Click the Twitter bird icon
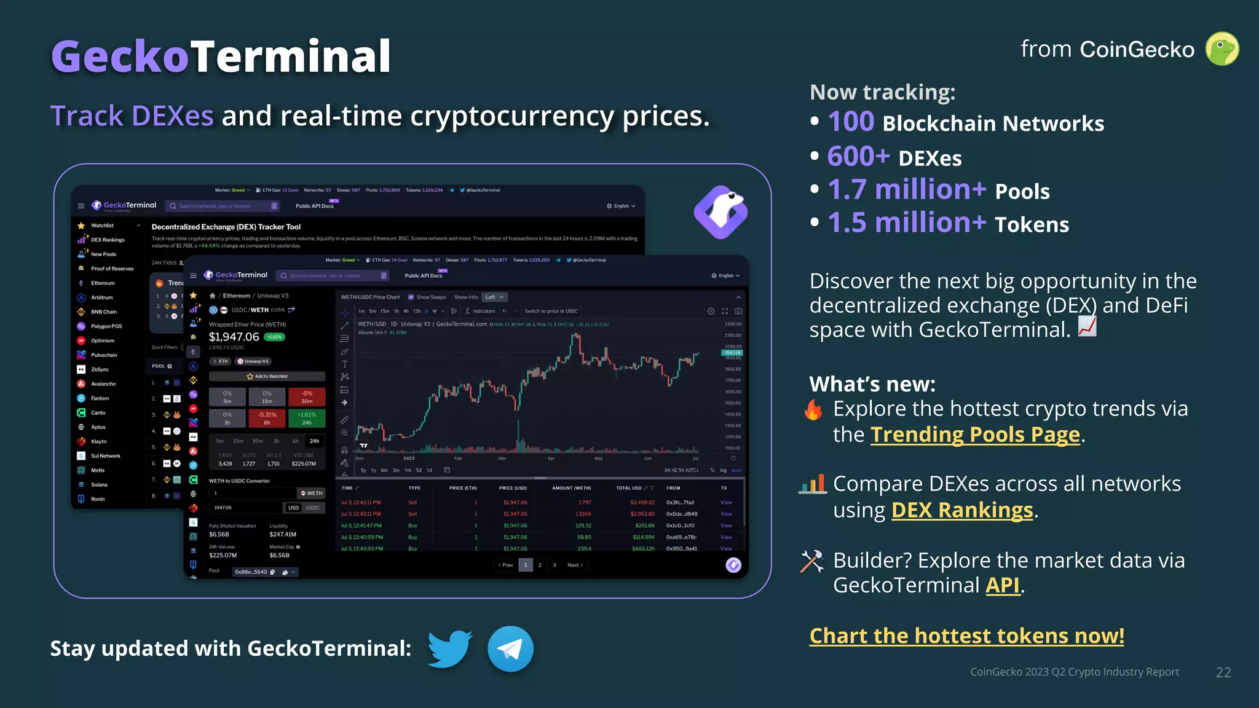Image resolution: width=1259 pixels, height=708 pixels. pyautogui.click(x=450, y=648)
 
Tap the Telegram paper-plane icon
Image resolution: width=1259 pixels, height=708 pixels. pyautogui.click(x=510, y=649)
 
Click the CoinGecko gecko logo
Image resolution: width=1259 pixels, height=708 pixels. pyautogui.click(x=1222, y=49)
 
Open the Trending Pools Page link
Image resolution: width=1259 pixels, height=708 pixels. pyautogui.click(x=975, y=435)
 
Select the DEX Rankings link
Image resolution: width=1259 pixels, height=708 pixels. pyautogui.click(x=962, y=510)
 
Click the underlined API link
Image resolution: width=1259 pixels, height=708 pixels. pyautogui.click(x=1003, y=585)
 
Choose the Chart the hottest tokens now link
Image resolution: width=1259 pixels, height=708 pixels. pyautogui.click(x=966, y=635)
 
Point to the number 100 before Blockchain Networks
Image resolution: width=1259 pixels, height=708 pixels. pyautogui.click(x=851, y=122)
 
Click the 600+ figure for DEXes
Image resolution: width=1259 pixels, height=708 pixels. pyautogui.click(x=858, y=156)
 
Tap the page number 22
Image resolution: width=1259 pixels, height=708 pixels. pyautogui.click(x=1223, y=672)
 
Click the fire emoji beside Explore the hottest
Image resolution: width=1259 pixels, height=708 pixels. pyautogui.click(x=813, y=409)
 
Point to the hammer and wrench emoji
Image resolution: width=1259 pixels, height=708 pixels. pyautogui.click(x=812, y=561)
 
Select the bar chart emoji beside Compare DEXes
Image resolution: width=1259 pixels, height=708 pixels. pyautogui.click(x=812, y=484)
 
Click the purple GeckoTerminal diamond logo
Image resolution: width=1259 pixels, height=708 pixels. pyautogui.click(x=720, y=212)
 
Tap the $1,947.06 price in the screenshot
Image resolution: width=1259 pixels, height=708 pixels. pyautogui.click(x=234, y=337)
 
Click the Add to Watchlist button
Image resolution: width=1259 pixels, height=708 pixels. pyautogui.click(x=267, y=376)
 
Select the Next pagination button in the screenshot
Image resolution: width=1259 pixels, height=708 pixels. pyautogui.click(x=574, y=565)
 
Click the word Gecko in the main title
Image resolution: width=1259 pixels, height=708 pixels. pyautogui.click(x=120, y=56)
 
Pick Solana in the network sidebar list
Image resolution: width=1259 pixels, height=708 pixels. pyautogui.click(x=99, y=485)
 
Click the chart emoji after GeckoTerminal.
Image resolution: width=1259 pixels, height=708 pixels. pyautogui.click(x=1087, y=327)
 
